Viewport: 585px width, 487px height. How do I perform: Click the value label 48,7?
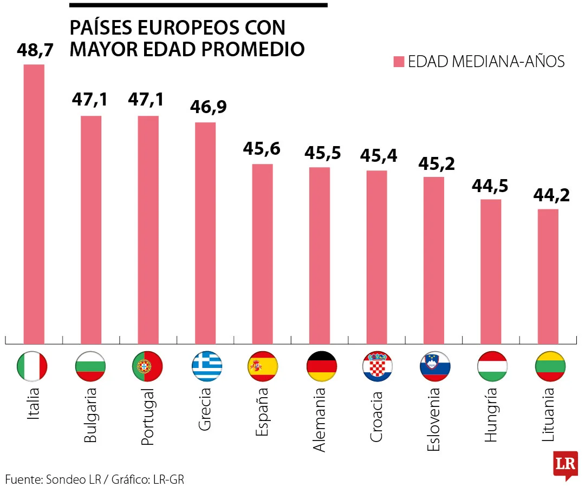click(35, 50)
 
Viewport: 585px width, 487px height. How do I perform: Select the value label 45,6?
click(262, 148)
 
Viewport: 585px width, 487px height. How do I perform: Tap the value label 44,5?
click(490, 185)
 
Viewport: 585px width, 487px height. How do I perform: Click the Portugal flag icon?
click(148, 366)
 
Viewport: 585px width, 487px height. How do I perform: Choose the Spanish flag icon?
click(263, 366)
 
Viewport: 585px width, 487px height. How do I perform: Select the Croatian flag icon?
click(377, 366)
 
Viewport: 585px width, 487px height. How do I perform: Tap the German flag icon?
click(320, 366)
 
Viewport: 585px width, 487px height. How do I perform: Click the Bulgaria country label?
click(90, 415)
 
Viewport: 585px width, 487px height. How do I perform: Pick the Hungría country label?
click(490, 414)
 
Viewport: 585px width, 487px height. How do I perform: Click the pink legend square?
click(399, 62)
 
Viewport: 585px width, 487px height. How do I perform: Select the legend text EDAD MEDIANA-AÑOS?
click(486, 62)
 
